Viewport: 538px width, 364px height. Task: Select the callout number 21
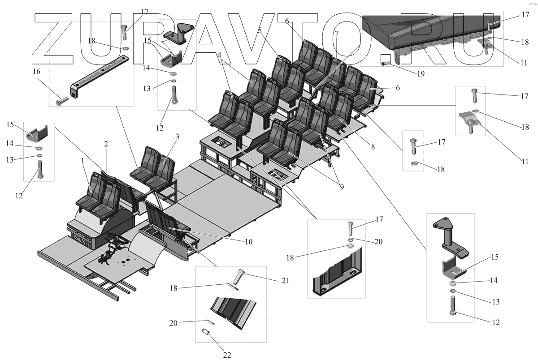(x=286, y=281)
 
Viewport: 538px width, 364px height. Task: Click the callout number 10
(x=248, y=242)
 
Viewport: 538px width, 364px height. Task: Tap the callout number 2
(x=106, y=144)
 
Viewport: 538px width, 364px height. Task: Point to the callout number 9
(x=342, y=187)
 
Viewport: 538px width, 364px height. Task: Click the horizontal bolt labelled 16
(x=61, y=102)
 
